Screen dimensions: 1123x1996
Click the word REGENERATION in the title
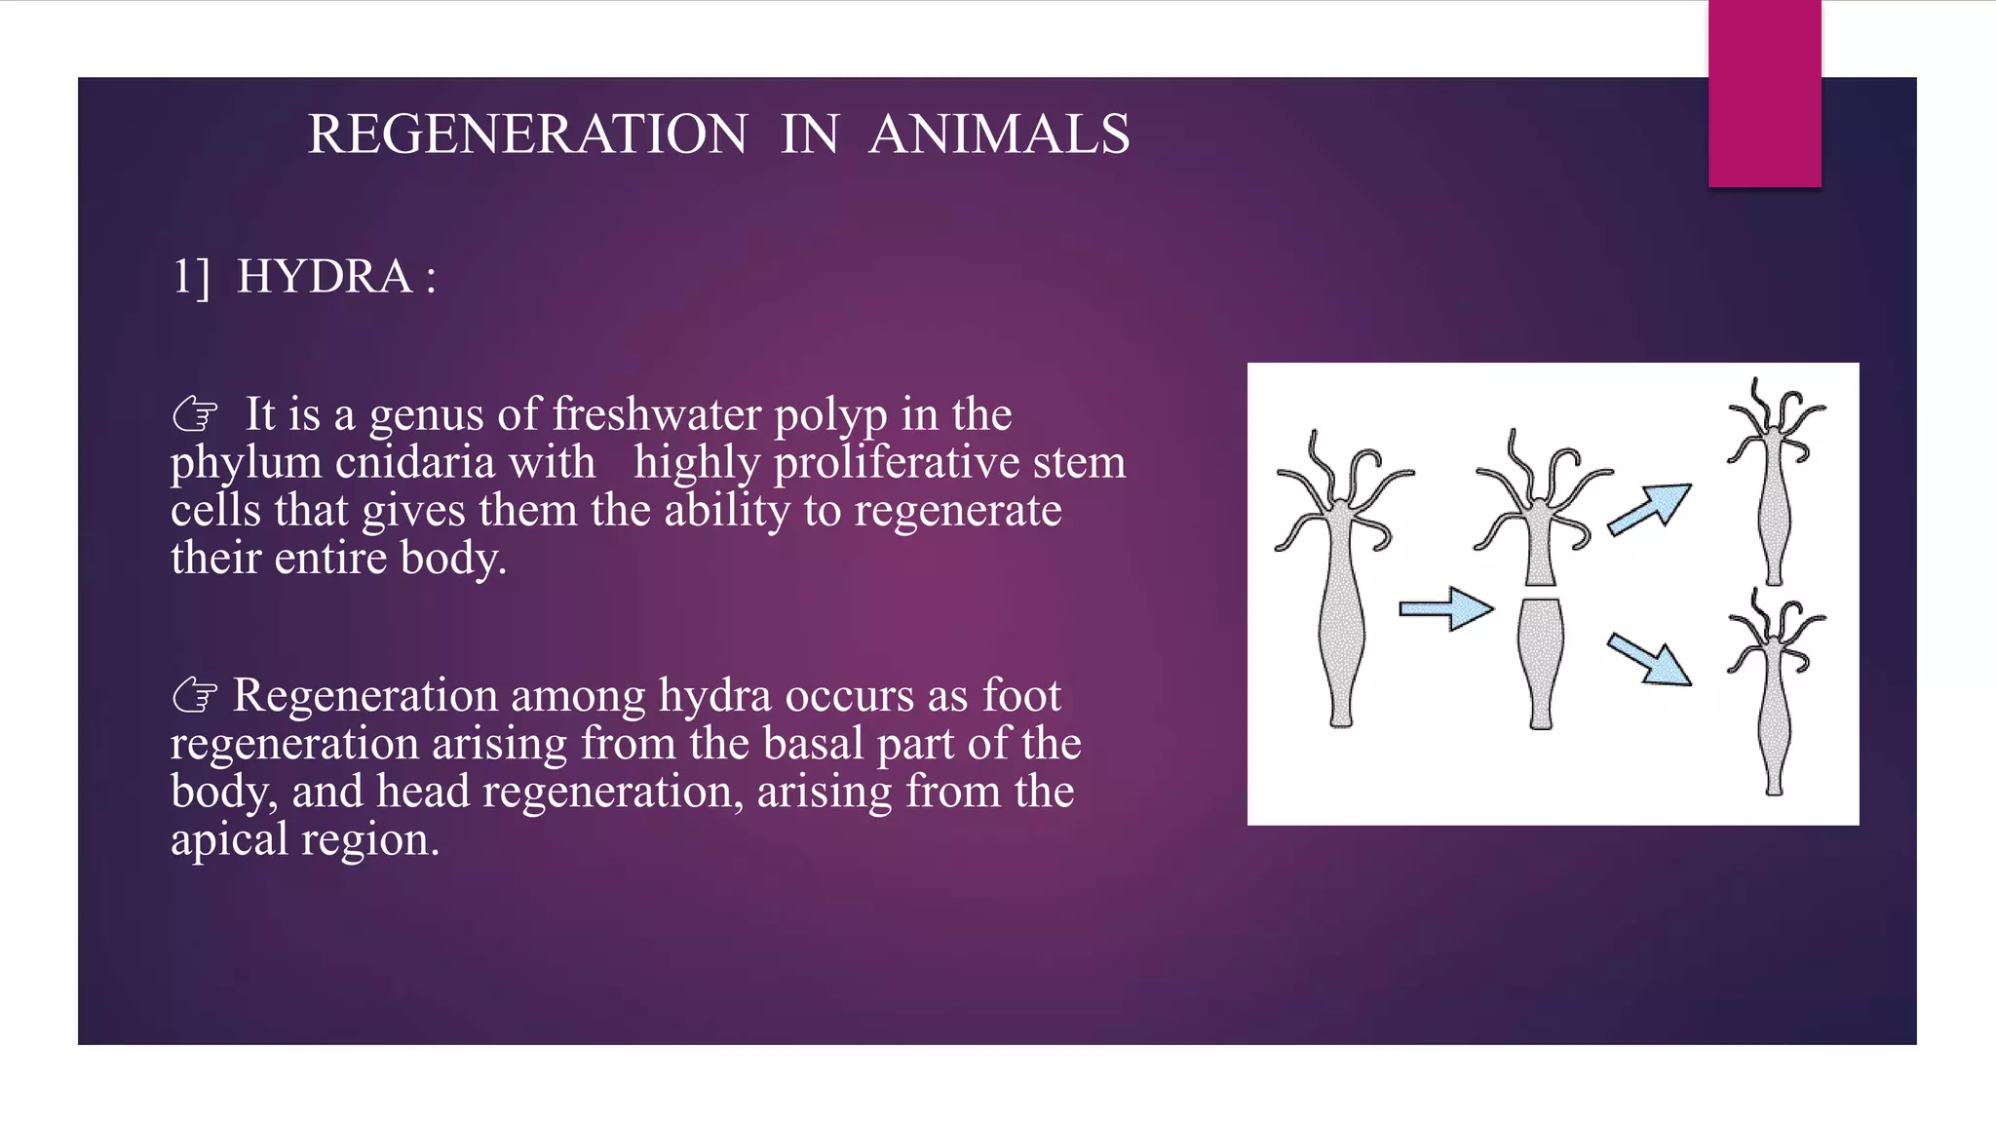coord(527,135)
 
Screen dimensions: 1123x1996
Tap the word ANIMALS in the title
coord(999,135)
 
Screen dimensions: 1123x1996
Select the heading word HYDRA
coord(325,277)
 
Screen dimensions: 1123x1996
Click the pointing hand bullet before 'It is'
coord(195,415)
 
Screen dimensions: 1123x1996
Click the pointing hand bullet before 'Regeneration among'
coord(195,696)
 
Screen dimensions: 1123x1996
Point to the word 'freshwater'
coord(658,414)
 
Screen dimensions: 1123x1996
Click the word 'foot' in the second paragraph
coord(1021,696)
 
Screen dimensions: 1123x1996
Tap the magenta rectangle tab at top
coord(1764,94)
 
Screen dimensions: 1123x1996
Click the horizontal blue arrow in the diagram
coord(1446,609)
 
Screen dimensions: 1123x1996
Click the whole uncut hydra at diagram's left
coord(1341,585)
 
